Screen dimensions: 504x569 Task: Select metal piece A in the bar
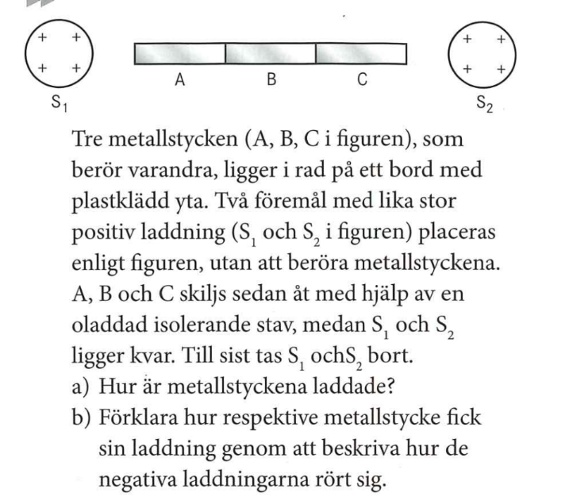coord(180,52)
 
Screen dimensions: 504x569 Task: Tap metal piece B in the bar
coord(271,52)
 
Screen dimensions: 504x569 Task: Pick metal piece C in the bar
coord(361,52)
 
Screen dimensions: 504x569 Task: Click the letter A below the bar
coord(180,80)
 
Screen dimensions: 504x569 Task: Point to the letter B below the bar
coord(271,80)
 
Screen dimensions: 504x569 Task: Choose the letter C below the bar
coord(361,80)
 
